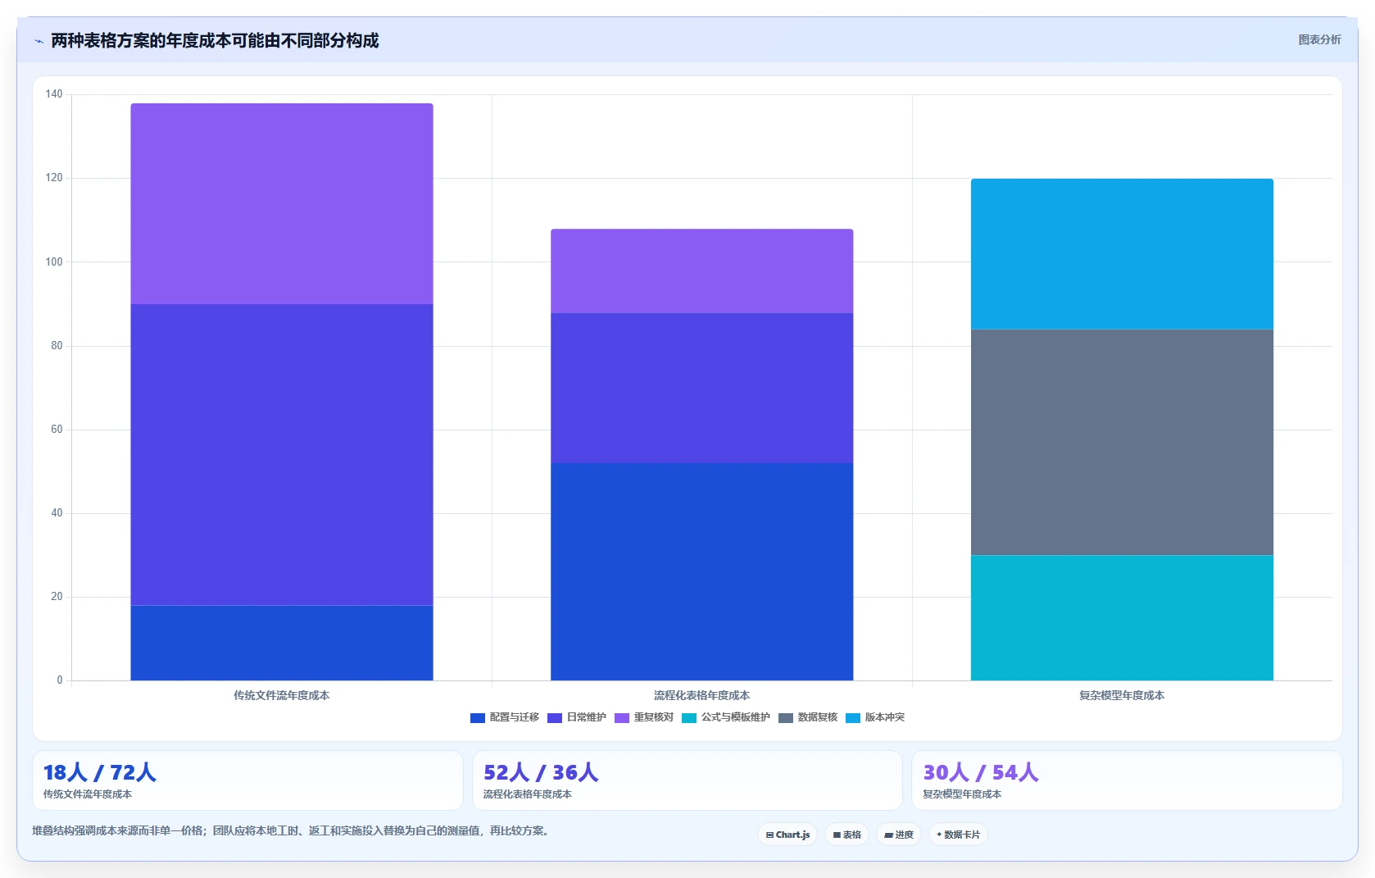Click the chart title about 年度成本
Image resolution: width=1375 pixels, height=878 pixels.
(x=215, y=40)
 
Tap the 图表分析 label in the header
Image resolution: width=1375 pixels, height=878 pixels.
(x=1320, y=40)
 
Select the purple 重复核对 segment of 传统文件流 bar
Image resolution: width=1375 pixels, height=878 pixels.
(x=282, y=204)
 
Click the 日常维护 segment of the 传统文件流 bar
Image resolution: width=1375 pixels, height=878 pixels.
(x=282, y=455)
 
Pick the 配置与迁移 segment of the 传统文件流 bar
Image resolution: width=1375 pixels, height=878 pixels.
(x=282, y=643)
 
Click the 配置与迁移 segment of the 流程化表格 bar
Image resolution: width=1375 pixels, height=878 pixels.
(x=701, y=571)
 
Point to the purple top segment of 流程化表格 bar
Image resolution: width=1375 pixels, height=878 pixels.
(x=701, y=271)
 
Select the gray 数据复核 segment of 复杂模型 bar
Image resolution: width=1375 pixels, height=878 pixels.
(x=1122, y=442)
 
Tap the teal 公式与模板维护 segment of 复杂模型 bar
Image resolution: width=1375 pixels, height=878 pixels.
(x=1122, y=617)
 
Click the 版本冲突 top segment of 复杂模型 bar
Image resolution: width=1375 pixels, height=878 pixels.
(x=1122, y=254)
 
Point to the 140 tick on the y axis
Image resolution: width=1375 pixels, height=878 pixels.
(x=54, y=94)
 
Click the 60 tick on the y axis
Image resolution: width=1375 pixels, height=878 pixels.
(x=57, y=430)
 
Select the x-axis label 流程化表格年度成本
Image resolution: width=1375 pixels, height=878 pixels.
(x=701, y=696)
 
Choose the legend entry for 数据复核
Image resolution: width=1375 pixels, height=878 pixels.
(x=808, y=717)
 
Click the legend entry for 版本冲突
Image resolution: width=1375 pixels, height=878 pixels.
(x=875, y=717)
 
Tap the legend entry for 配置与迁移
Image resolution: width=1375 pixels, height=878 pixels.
(x=505, y=717)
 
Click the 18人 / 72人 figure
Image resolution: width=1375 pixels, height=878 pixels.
(x=99, y=772)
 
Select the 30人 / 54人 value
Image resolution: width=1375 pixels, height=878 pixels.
(x=980, y=772)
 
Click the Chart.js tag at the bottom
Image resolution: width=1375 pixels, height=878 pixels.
(x=787, y=835)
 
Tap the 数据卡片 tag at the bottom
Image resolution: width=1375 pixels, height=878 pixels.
(x=958, y=835)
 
